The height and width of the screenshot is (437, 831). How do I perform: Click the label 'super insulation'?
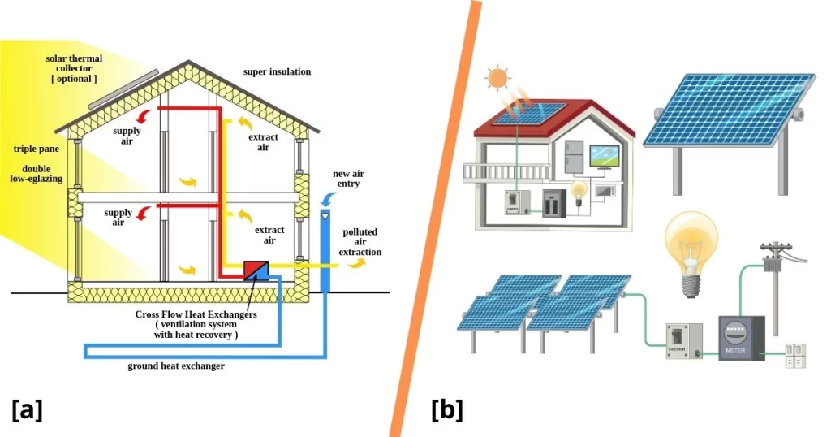(x=277, y=71)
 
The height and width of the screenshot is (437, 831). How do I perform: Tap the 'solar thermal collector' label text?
(x=71, y=68)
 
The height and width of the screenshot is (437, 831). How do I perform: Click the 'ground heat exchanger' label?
(x=175, y=366)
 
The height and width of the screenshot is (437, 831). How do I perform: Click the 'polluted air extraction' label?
(x=360, y=242)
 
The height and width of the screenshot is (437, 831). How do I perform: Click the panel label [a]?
(x=27, y=409)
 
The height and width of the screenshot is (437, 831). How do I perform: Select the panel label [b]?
(x=446, y=409)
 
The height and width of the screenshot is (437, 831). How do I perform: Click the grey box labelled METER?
(x=741, y=338)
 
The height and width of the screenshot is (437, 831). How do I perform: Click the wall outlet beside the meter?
(x=796, y=355)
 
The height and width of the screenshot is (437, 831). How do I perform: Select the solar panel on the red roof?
(x=515, y=116)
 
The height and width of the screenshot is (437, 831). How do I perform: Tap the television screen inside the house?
(x=605, y=154)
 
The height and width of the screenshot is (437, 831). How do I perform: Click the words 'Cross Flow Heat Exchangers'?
(x=196, y=314)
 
